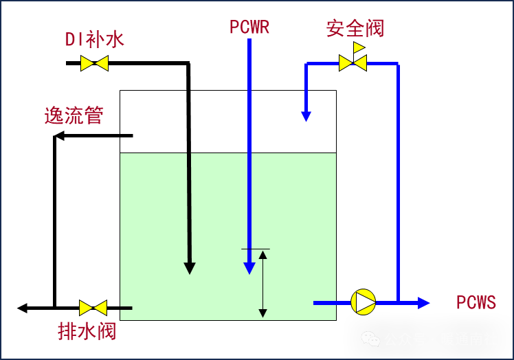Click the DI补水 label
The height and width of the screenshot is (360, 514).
(94, 39)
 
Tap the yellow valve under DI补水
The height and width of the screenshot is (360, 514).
(94, 63)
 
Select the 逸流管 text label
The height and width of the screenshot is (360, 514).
(74, 115)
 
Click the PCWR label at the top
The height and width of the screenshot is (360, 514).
(249, 27)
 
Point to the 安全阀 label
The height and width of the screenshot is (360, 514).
(355, 28)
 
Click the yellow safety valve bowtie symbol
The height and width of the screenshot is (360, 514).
(353, 63)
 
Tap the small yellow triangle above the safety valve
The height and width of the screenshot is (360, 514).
(359, 47)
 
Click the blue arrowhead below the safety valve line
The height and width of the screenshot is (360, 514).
(306, 117)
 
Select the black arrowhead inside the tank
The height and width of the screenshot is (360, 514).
(190, 268)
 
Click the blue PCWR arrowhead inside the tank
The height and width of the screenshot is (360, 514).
(249, 268)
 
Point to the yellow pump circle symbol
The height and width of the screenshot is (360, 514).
(364, 302)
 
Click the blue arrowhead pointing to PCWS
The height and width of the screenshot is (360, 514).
(424, 302)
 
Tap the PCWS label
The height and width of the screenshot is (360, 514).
(476, 303)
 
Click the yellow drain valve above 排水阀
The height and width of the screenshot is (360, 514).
(93, 308)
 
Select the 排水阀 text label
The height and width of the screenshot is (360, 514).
(87, 331)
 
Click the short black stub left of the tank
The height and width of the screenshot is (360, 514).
(125, 308)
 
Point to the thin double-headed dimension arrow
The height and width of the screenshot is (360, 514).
(262, 284)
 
